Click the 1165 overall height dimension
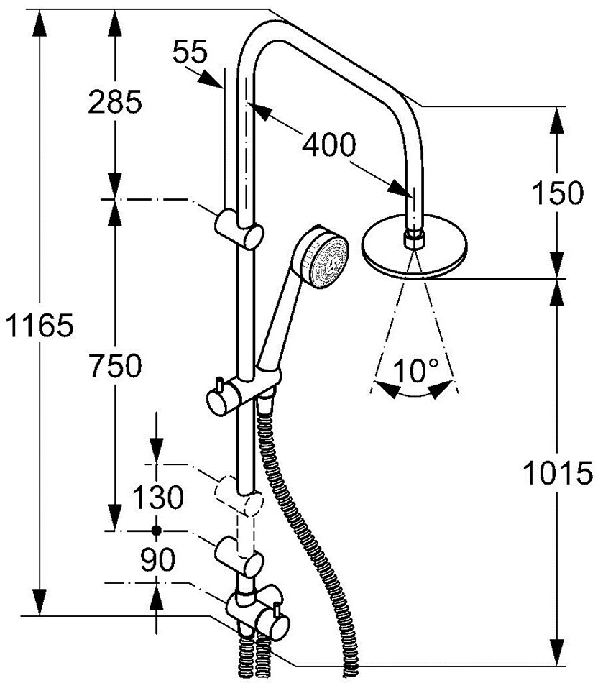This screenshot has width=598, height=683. [40, 325]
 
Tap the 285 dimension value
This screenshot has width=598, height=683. [115, 103]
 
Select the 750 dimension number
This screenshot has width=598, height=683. [115, 365]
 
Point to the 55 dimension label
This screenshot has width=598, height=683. [190, 52]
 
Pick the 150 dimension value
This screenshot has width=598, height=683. [558, 193]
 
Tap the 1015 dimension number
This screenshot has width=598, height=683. [558, 473]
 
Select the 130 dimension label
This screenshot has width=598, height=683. [158, 498]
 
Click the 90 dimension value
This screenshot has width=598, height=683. [157, 560]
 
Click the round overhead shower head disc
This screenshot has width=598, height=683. [414, 246]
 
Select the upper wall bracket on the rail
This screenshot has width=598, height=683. [239, 229]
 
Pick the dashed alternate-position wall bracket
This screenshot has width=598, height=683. [239, 496]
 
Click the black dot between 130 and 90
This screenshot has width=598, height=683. [157, 531]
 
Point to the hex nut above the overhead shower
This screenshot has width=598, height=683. [414, 239]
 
